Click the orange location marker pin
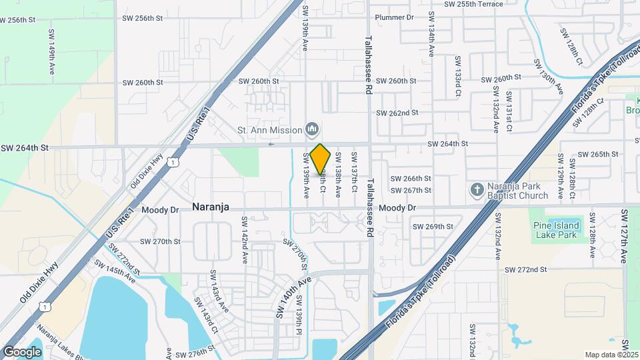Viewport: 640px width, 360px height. (320, 158)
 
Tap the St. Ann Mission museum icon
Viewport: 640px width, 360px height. (311, 128)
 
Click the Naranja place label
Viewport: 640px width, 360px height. (211, 207)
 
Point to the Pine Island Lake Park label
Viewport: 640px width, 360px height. (555, 230)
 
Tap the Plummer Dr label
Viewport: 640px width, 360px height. (395, 17)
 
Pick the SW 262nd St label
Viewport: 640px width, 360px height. (397, 113)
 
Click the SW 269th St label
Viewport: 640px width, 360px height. (433, 227)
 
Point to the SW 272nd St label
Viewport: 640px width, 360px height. (525, 269)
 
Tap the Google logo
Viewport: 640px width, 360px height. (23, 351)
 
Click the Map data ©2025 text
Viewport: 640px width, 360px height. (612, 355)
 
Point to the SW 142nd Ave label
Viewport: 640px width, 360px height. (245, 237)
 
